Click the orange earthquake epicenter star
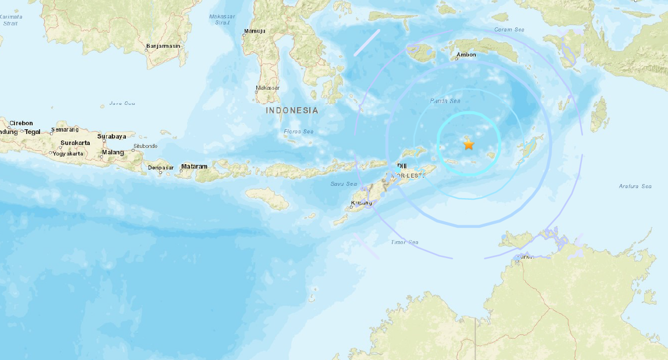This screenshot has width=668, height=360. click(x=468, y=144)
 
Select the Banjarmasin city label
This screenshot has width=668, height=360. click(x=164, y=45)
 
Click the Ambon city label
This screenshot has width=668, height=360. click(x=466, y=55)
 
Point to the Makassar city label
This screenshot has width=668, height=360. click(x=267, y=88)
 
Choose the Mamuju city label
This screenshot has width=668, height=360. click(x=255, y=31)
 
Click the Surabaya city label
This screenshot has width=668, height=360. click(x=111, y=136)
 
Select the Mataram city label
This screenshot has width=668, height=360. click(x=194, y=167)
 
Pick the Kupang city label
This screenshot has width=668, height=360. click(x=361, y=203)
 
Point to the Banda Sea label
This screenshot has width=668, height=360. click(x=445, y=101)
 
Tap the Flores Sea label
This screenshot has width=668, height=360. click(x=298, y=132)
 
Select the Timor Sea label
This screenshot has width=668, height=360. click(x=404, y=242)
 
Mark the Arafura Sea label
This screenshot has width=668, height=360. click(x=635, y=186)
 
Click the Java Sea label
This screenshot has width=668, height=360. click(x=122, y=103)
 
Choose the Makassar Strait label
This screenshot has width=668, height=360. click(x=221, y=19)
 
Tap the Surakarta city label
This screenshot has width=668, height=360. click(x=76, y=143)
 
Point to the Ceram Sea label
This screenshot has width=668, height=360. click(x=508, y=29)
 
